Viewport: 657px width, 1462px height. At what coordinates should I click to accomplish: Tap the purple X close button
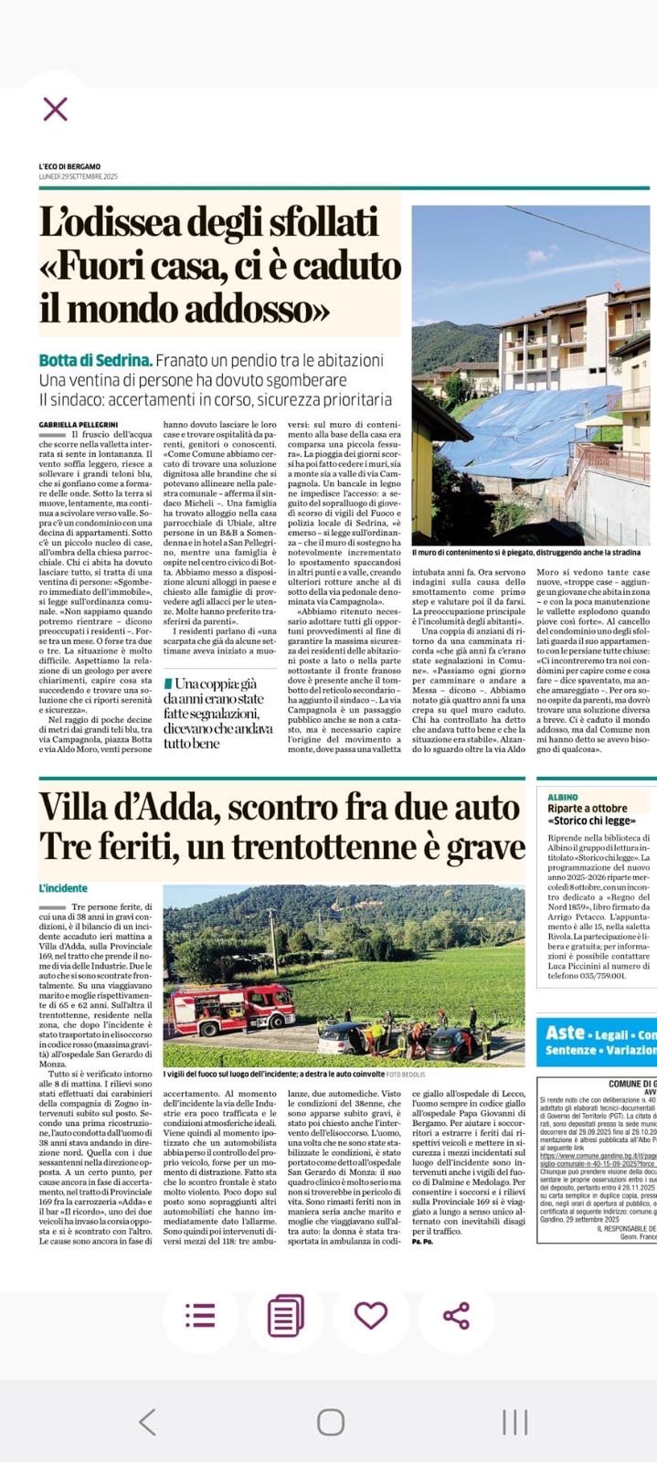[x=55, y=110]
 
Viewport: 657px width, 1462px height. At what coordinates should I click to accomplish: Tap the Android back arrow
[x=146, y=1395]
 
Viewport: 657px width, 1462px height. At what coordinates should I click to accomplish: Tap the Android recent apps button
[x=514, y=1395]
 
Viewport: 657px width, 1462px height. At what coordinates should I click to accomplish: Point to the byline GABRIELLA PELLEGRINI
[x=78, y=424]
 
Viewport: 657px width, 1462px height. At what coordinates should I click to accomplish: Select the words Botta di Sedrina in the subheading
[x=94, y=361]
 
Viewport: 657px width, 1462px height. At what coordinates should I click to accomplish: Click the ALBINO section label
[x=563, y=797]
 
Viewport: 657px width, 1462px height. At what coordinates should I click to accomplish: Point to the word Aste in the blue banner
[x=565, y=1033]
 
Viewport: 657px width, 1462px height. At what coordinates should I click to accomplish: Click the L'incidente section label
[x=63, y=887]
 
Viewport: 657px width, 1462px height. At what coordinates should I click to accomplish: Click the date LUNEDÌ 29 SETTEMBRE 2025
[x=79, y=176]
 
